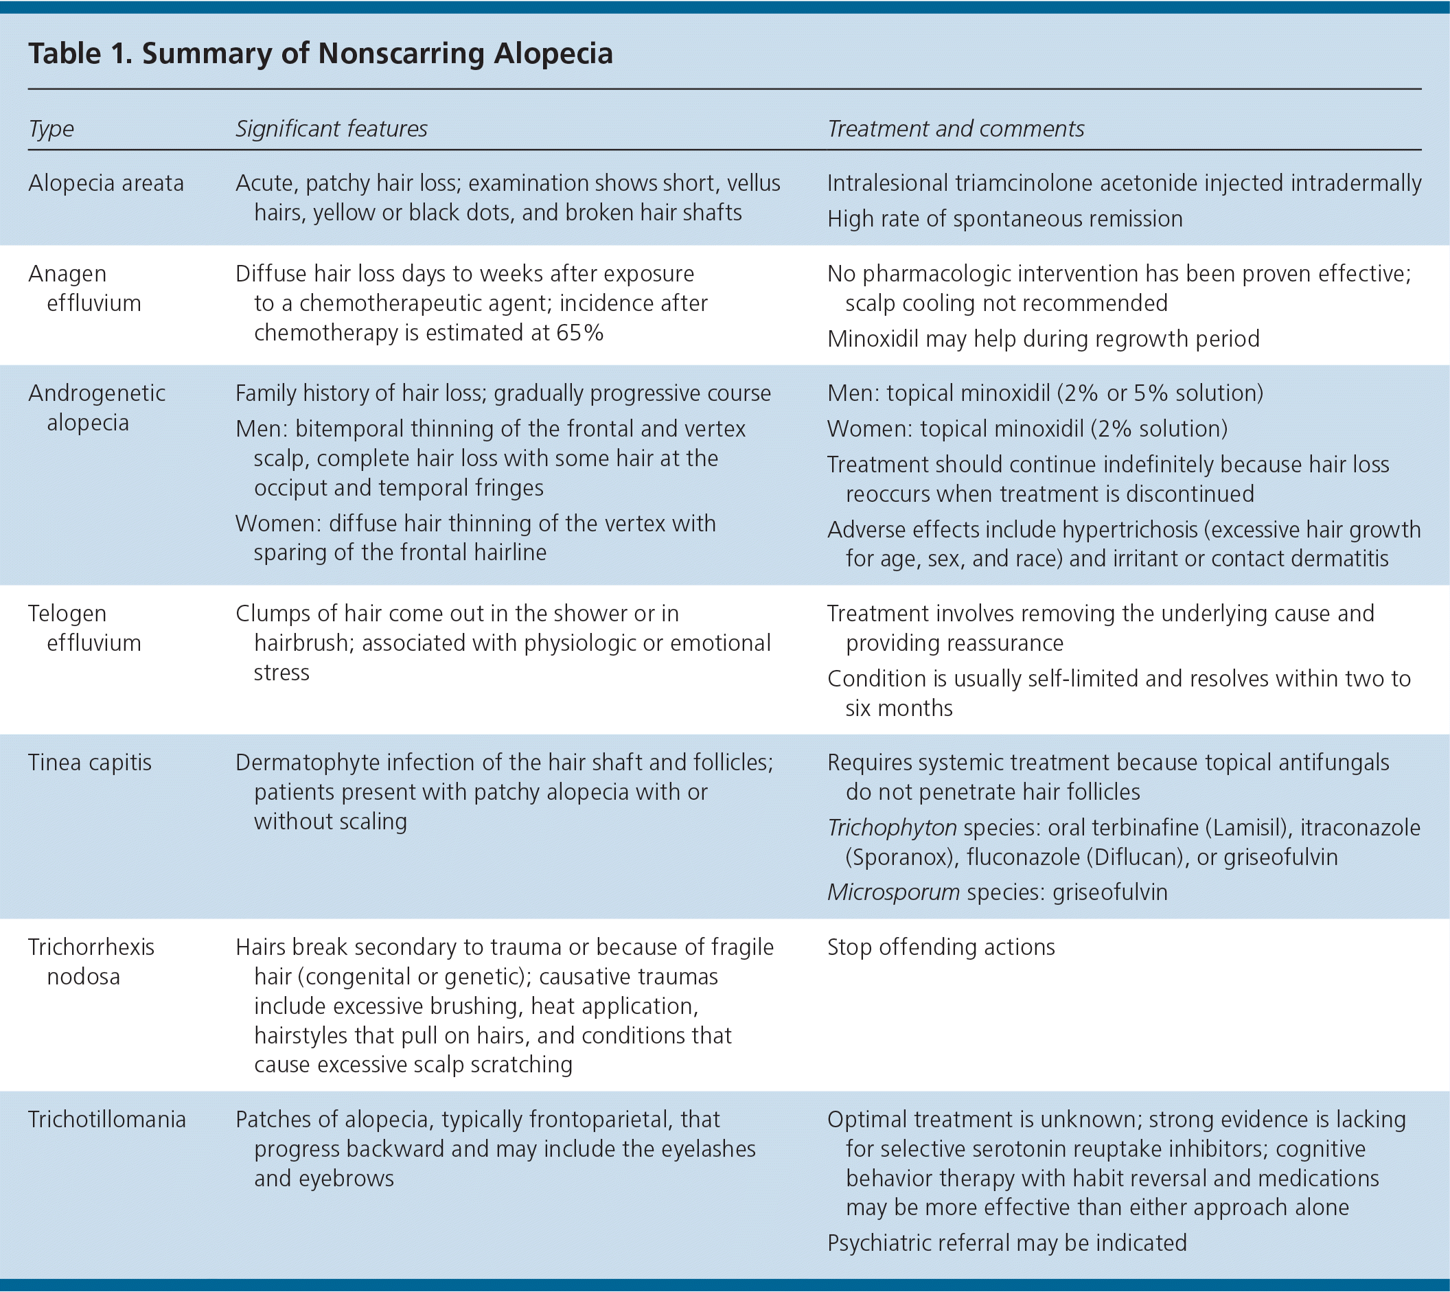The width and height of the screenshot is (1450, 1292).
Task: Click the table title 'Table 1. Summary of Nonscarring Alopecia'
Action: (x=320, y=54)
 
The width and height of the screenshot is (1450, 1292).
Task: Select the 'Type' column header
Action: (x=51, y=128)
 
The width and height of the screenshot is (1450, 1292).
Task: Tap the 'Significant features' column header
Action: (x=331, y=128)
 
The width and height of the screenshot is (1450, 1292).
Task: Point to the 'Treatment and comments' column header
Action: (x=955, y=128)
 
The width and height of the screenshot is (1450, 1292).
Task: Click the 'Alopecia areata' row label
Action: (x=106, y=183)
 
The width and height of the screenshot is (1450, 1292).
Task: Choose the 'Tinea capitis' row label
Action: (x=89, y=763)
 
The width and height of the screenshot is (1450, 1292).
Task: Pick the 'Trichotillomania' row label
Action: (x=106, y=1120)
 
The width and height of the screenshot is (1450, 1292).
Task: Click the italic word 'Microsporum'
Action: (x=893, y=892)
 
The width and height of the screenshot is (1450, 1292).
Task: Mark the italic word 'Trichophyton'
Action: (x=892, y=828)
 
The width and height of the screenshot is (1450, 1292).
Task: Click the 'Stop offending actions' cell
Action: (x=941, y=947)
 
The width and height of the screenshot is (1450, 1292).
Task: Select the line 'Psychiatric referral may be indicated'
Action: (x=1007, y=1243)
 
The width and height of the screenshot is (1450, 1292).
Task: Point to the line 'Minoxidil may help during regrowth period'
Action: (x=1043, y=338)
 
